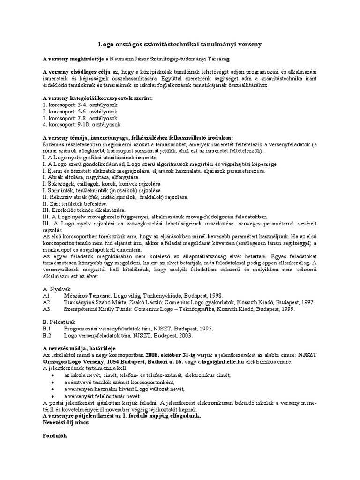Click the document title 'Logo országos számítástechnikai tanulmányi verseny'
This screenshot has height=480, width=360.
180,44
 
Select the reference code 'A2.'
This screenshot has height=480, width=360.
46,303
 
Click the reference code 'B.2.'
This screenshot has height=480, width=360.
47,336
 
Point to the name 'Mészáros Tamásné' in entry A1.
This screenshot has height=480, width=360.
87,296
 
